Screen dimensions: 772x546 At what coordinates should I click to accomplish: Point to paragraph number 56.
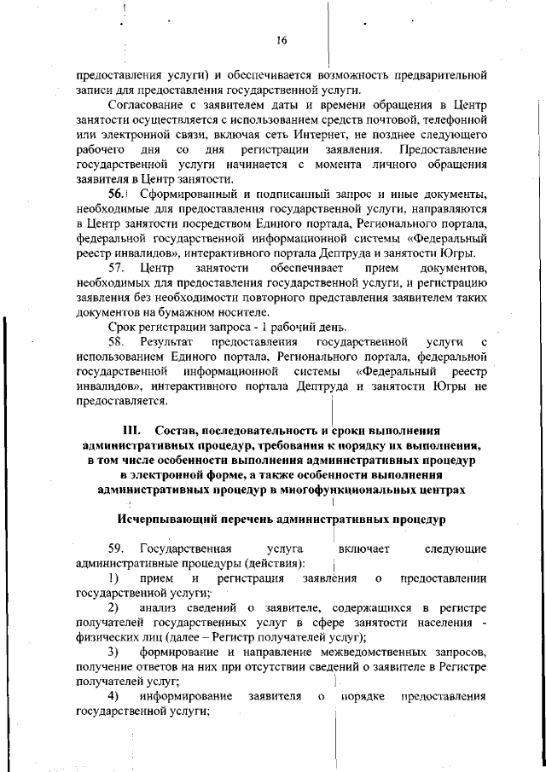[x=118, y=194]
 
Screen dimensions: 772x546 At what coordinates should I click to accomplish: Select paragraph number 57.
[x=118, y=270]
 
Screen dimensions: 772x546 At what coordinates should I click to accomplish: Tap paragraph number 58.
[x=118, y=342]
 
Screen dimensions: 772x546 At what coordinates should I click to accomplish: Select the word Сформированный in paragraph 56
[x=186, y=194]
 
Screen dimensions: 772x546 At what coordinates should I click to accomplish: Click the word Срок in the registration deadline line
[x=122, y=328]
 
